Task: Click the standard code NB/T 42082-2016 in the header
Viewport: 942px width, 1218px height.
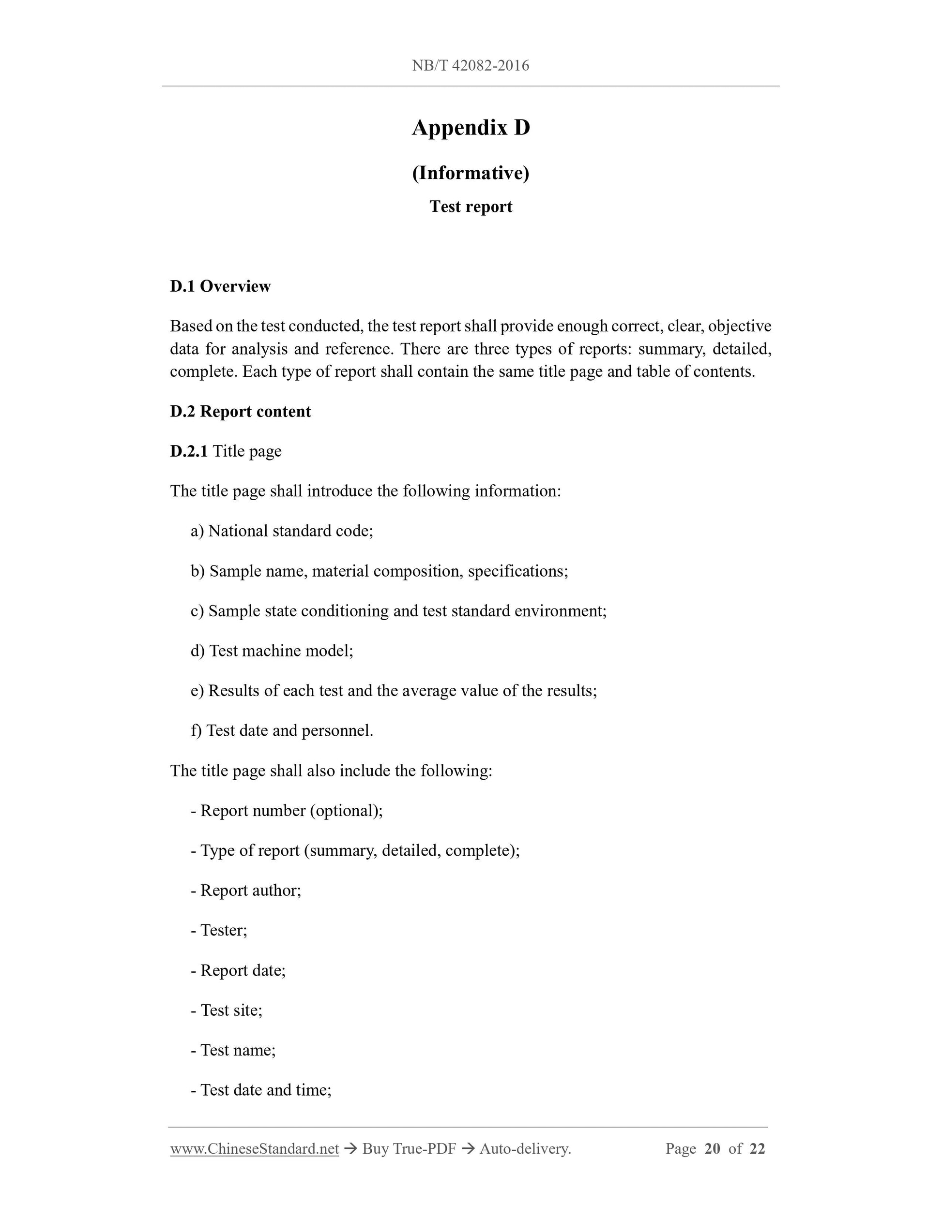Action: pyautogui.click(x=471, y=66)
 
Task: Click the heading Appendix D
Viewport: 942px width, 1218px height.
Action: pyautogui.click(x=471, y=128)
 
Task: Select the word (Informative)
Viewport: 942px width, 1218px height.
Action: pyautogui.click(x=471, y=173)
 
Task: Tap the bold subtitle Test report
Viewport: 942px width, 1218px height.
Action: pyautogui.click(x=471, y=207)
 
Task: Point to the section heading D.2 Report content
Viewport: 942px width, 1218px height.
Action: pyautogui.click(x=240, y=411)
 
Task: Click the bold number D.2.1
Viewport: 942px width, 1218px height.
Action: pyautogui.click(x=189, y=451)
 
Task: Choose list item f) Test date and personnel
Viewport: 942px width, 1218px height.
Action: pyautogui.click(x=282, y=730)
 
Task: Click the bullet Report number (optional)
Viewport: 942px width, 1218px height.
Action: pyautogui.click(x=287, y=810)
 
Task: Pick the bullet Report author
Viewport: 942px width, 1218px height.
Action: pyautogui.click(x=246, y=890)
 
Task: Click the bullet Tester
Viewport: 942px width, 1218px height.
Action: pyautogui.click(x=219, y=930)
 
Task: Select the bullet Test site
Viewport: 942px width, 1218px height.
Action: pyautogui.click(x=227, y=1010)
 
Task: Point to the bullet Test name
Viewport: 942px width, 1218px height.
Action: pyautogui.click(x=233, y=1050)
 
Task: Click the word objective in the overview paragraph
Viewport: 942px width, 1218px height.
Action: pyautogui.click(x=740, y=326)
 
